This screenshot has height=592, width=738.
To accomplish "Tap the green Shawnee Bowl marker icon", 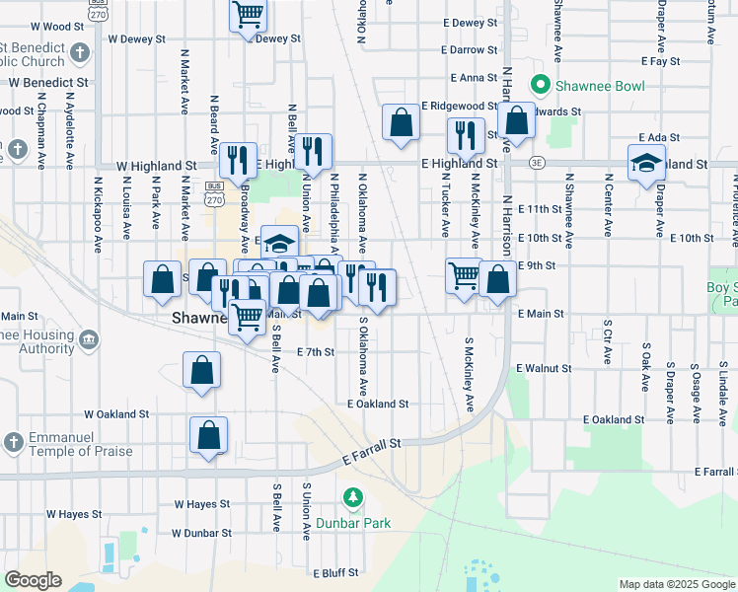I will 539,86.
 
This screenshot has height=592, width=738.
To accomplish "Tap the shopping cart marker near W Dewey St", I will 248,17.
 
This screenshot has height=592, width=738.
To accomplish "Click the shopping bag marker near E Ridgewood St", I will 401,124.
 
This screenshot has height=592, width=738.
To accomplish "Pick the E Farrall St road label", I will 373,452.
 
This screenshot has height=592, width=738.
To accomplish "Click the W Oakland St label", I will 116,414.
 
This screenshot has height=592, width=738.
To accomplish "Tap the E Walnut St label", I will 542,368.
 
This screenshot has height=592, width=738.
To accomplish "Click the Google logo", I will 32,580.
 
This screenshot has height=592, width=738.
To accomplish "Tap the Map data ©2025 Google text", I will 676,584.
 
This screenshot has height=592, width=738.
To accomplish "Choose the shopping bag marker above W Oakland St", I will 201,373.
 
